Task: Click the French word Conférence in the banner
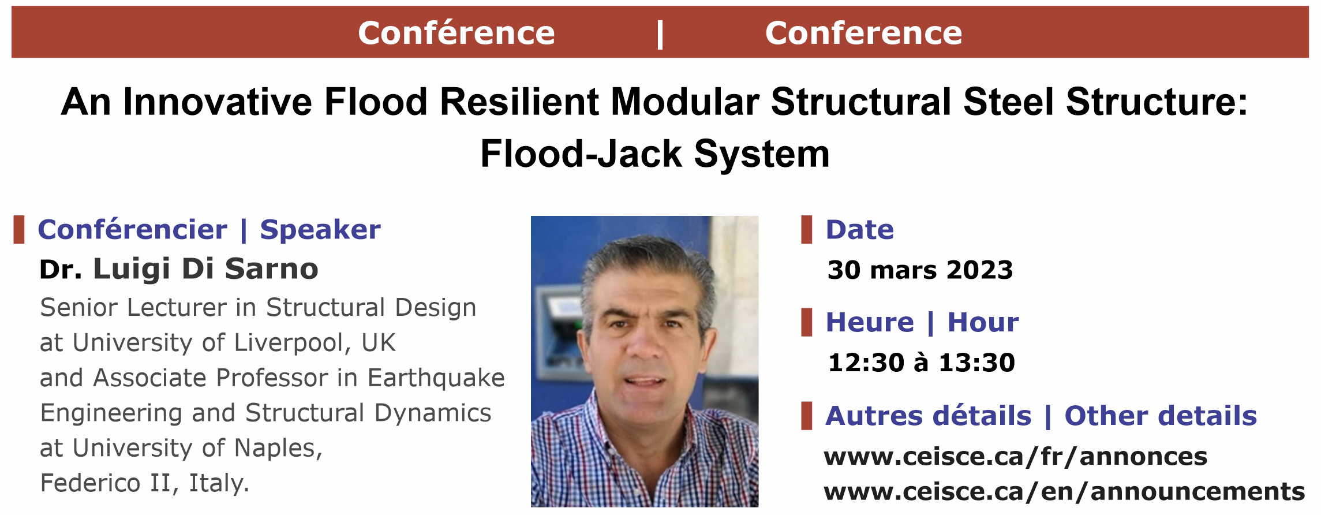coord(456,33)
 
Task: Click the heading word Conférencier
coord(133,230)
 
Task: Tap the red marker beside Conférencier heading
coord(19,230)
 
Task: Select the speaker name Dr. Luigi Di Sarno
coord(179,269)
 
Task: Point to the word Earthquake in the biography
coord(436,378)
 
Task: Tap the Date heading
coord(860,230)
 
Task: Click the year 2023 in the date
coord(979,270)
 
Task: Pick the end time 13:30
coord(977,363)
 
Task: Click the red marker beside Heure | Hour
coord(807,322)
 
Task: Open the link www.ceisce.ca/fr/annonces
coord(1016,457)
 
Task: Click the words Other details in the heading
coord(1161,416)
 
